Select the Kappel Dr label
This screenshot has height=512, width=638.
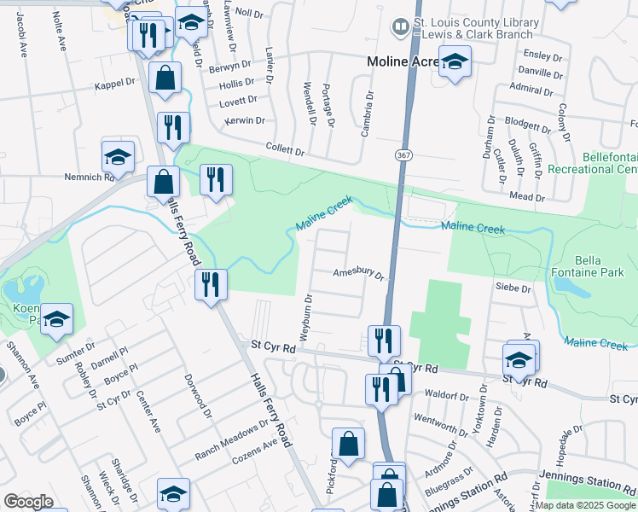coord(116,87)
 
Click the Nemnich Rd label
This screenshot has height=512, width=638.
coord(90,177)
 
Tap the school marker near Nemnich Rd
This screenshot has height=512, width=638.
coord(119,157)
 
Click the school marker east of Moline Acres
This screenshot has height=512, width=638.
coord(455,61)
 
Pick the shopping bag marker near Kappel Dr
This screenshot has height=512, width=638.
coord(165,79)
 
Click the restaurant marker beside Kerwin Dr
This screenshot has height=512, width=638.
coord(173,128)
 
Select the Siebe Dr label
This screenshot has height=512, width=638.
coord(513,289)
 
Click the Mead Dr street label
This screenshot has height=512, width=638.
coord(527,197)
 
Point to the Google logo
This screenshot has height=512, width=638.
coord(29,502)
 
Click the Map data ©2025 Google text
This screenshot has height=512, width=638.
coord(584,505)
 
